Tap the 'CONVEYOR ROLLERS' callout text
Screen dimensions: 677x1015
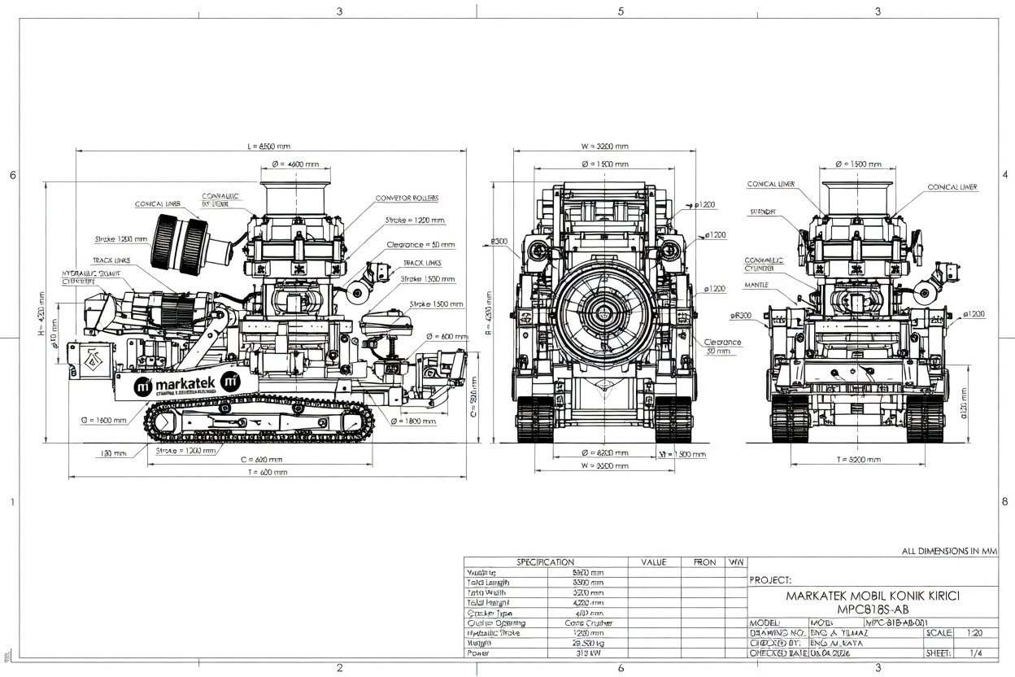407,198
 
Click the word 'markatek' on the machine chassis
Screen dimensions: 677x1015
186,384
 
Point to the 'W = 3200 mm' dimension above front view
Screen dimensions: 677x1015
605,146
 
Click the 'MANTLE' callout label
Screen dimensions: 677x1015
756,286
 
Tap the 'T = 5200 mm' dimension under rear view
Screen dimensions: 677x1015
859,460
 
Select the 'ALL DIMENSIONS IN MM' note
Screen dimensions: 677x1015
949,551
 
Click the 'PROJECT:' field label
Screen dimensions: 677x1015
769,580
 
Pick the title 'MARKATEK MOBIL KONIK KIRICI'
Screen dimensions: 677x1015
873,596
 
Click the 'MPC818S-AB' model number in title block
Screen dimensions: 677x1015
873,608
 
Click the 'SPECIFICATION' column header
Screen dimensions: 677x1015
545,562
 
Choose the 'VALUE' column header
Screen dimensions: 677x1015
653,562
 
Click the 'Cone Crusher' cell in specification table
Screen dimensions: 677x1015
588,622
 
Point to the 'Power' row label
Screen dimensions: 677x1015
477,653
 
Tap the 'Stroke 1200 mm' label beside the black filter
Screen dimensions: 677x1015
121,239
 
